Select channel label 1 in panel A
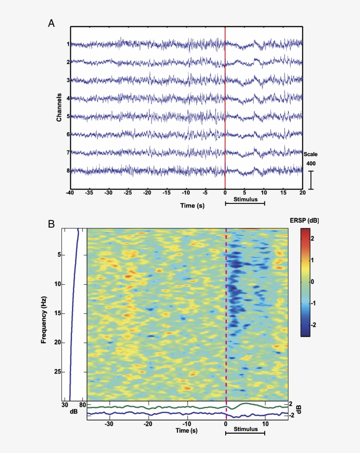tap(68, 44)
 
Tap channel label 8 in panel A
tap(68, 170)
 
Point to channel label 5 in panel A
tap(68, 116)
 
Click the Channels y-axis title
tap(59, 107)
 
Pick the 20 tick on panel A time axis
tap(302, 192)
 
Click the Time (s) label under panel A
tap(192, 205)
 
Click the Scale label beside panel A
tap(310, 154)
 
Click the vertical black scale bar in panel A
tap(311, 180)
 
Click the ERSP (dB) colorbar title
tap(304, 221)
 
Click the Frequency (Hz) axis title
tap(44, 314)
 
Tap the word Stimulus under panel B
tap(245, 429)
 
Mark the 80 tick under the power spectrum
tap(82, 405)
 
